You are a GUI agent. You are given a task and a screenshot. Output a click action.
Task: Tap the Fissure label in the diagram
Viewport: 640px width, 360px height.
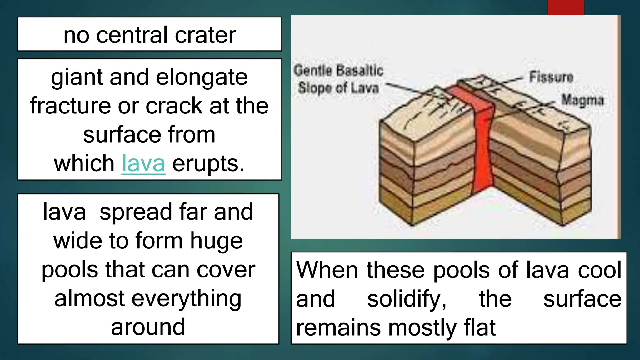551,77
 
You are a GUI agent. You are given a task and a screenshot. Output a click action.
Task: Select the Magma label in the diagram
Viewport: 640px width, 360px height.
582,100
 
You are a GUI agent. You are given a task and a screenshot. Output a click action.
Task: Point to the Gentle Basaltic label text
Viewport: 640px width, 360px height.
338,70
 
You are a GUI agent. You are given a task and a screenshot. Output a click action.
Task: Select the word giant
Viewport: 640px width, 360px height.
77,77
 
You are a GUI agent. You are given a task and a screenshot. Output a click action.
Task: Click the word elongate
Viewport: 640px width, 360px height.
202,77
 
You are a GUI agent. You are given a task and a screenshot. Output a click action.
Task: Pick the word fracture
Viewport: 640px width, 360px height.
70,106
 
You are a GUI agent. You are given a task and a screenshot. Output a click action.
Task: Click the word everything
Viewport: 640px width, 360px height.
186,299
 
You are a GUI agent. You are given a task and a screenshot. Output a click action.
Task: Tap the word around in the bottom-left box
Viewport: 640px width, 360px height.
148,327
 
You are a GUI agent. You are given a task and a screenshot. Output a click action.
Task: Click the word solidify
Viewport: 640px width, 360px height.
407,299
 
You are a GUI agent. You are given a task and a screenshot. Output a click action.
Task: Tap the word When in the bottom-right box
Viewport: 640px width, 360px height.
327,270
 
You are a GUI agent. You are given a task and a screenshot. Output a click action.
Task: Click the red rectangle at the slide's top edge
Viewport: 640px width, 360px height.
566,7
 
